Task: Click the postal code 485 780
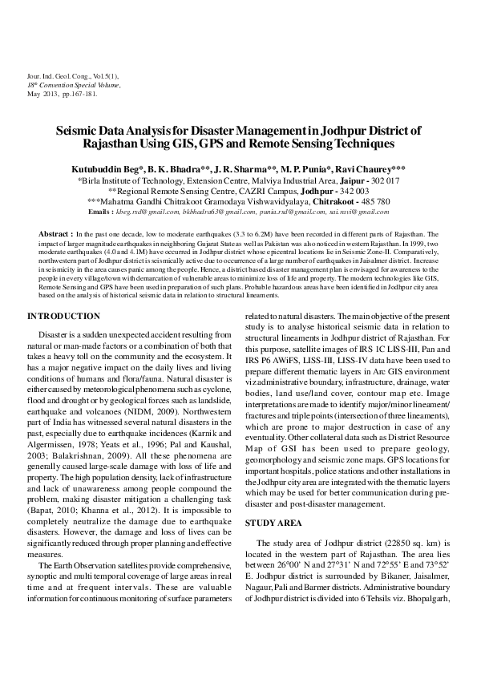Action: click(x=374, y=202)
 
